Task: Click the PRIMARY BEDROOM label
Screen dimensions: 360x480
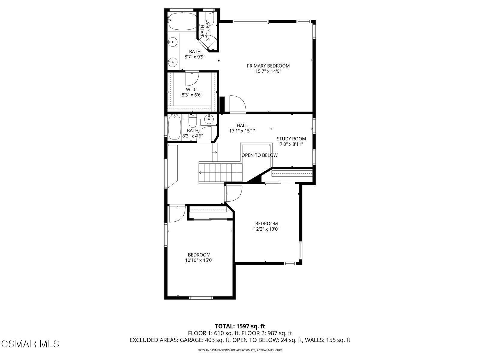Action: (268, 66)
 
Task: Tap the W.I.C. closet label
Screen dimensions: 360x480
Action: (192, 89)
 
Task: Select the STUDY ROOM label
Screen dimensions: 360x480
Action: (291, 139)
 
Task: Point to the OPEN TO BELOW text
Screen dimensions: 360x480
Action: (259, 155)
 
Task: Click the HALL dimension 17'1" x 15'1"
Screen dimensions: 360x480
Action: (242, 131)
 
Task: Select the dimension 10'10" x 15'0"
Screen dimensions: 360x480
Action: (199, 260)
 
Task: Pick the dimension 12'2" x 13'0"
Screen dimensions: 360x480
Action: (266, 229)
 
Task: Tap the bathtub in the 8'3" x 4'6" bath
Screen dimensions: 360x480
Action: (174, 128)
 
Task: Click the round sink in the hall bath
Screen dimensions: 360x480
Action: (209, 119)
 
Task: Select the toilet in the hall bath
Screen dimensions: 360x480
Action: (192, 121)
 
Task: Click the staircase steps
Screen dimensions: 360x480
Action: (220, 172)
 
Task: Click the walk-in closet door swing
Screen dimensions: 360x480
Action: (191, 79)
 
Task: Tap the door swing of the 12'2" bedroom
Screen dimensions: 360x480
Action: (234, 193)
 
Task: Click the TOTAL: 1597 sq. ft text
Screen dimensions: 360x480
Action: (240, 326)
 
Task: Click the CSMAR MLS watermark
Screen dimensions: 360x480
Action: (30, 343)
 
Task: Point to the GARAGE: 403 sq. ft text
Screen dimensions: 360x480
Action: (205, 340)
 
